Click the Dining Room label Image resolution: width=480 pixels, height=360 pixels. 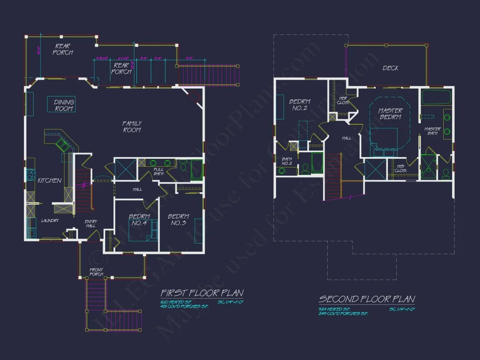click(x=64, y=105)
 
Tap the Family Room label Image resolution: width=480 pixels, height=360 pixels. click(x=132, y=127)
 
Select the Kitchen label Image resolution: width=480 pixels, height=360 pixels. click(x=49, y=180)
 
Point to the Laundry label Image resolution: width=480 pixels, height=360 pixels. click(x=50, y=221)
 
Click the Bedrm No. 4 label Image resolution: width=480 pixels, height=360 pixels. click(x=139, y=219)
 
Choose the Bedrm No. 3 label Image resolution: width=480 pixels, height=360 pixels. click(x=178, y=219)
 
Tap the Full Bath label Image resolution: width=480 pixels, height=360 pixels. click(x=158, y=171)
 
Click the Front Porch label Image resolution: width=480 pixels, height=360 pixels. click(x=96, y=272)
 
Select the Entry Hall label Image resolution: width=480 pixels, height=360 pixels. click(x=91, y=224)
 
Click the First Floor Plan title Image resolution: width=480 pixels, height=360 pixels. click(x=202, y=293)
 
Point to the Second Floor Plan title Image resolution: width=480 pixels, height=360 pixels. click(x=367, y=299)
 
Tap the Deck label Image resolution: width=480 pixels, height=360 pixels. click(x=390, y=68)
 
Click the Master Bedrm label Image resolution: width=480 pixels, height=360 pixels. click(x=390, y=114)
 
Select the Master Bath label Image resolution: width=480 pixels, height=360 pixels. click(x=432, y=131)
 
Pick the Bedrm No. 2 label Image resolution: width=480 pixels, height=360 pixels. click(x=300, y=105)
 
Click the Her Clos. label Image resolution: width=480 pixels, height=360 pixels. click(x=343, y=100)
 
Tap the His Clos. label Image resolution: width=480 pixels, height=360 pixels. click(x=400, y=168)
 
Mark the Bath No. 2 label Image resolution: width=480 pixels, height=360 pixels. click(x=287, y=161)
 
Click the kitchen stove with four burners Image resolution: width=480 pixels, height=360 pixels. click(x=31, y=175)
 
